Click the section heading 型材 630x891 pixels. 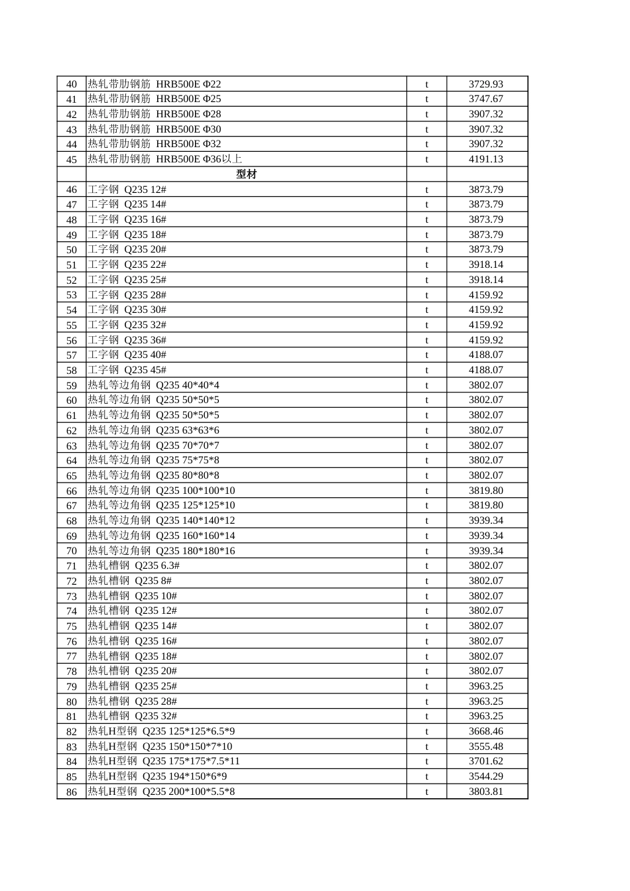pyautogui.click(x=246, y=174)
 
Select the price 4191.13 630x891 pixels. pyautogui.click(x=485, y=159)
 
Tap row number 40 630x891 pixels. pyautogui.click(x=72, y=84)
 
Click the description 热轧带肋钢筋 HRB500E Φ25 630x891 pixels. pyautogui.click(x=155, y=99)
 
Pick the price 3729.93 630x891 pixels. pyautogui.click(x=485, y=84)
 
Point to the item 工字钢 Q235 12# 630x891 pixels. pyautogui.click(x=127, y=190)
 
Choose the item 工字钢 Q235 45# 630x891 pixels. pyautogui.click(x=127, y=370)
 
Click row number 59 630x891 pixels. pyautogui.click(x=72, y=385)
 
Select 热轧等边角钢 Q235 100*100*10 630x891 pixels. pyautogui.click(x=161, y=491)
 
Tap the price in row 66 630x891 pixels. pyautogui.click(x=485, y=491)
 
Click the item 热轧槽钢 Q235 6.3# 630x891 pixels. pyautogui.click(x=133, y=565)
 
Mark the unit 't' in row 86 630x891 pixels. pyautogui.click(x=426, y=792)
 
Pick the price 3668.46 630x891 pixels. pyautogui.click(x=485, y=731)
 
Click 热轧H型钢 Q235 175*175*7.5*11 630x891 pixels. pyautogui.click(x=164, y=761)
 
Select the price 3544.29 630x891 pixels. pyautogui.click(x=485, y=776)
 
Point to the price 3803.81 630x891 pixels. pyautogui.click(x=485, y=792)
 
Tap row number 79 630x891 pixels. pyautogui.click(x=72, y=686)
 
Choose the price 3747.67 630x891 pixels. pyautogui.click(x=485, y=99)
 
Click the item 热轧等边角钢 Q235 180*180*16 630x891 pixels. pyautogui.click(x=161, y=551)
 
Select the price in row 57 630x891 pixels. pyautogui.click(x=485, y=355)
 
